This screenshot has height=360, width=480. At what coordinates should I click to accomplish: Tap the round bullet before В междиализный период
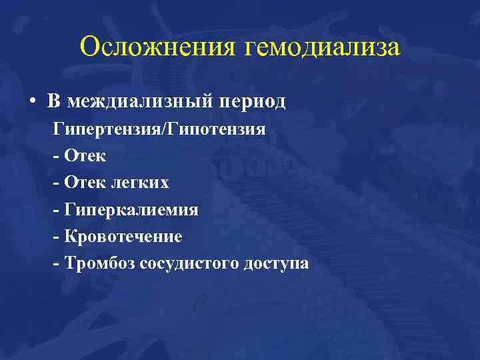(33, 102)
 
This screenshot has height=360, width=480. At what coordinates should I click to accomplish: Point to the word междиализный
(141, 102)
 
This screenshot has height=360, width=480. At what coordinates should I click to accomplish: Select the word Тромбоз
(99, 263)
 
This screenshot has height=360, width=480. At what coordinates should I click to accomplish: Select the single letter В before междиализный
(53, 102)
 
